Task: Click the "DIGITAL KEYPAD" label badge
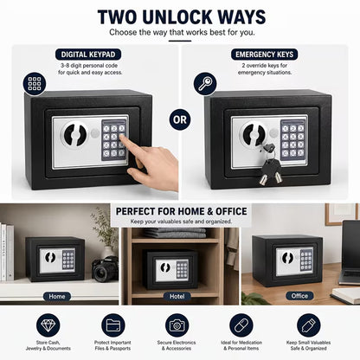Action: (88, 55)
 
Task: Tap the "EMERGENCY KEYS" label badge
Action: (264, 55)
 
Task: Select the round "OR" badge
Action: (180, 119)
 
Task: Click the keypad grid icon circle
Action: (35, 84)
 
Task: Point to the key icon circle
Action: (205, 84)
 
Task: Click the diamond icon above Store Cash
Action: (48, 325)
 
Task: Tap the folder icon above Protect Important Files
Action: (113, 325)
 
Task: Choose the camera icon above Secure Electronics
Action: (177, 325)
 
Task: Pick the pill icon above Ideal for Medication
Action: (241, 325)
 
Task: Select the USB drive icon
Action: (308, 325)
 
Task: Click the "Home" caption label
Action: (57, 296)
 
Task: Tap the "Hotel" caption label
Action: (177, 296)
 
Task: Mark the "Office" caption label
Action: (299, 296)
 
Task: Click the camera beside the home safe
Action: (105, 268)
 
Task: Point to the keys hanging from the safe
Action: (271, 164)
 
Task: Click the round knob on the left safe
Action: (75, 134)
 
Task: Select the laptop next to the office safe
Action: (350, 253)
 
